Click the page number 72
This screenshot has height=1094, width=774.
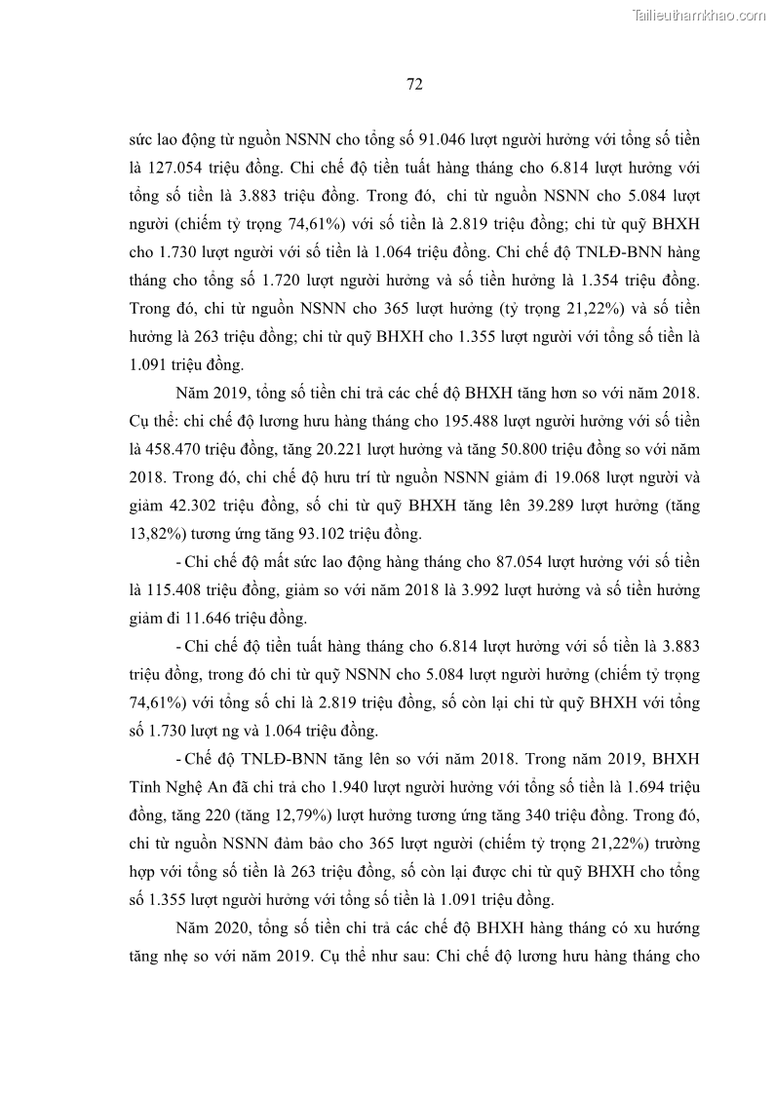[413, 84]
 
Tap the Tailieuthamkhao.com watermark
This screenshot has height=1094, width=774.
[699, 15]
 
